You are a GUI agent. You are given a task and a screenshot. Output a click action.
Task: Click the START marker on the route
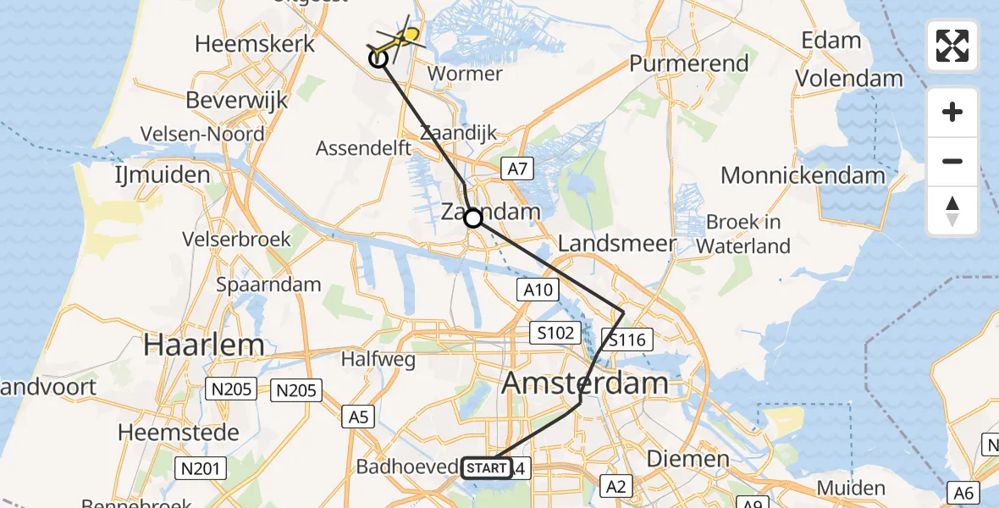point(487,468)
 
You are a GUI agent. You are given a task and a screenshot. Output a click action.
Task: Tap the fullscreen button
point(952,46)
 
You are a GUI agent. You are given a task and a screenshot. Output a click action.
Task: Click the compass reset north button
point(952,211)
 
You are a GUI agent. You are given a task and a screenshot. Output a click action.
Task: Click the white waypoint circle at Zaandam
point(473,218)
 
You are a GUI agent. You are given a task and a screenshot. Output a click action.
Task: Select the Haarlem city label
point(204,345)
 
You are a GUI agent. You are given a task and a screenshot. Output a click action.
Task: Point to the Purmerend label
point(689,63)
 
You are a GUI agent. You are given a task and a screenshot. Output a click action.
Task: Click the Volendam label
point(849,79)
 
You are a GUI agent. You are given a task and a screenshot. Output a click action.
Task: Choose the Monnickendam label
point(803,176)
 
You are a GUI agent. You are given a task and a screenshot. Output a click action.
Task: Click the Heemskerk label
point(255,44)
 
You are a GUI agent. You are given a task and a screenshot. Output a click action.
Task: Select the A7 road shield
point(518,169)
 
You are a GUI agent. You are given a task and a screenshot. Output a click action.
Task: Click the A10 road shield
point(537,290)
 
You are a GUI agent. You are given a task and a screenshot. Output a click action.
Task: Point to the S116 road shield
point(627,340)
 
